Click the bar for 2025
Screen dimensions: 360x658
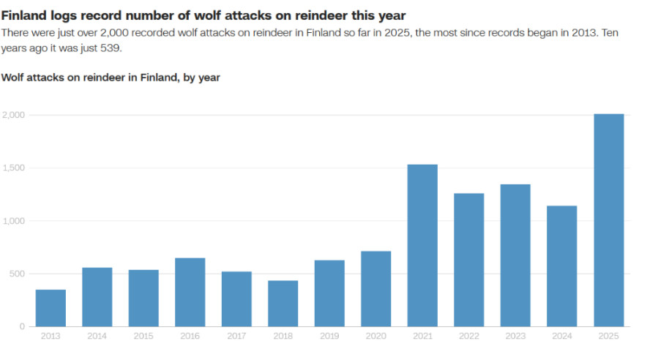tap(608, 220)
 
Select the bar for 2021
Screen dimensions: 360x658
tap(422, 246)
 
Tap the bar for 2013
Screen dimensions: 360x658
tap(51, 308)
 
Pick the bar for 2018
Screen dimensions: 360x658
tap(283, 304)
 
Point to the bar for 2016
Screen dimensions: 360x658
tap(190, 292)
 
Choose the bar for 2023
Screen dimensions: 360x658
tap(515, 255)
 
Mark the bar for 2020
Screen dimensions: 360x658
tap(375, 289)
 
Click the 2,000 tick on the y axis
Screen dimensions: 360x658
tap(14, 115)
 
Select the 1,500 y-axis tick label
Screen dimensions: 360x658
tap(14, 168)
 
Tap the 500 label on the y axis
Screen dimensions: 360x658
tap(17, 274)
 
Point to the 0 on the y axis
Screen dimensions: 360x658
tap(23, 326)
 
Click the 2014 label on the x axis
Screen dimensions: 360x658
tap(97, 336)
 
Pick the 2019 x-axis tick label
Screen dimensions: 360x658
tap(329, 336)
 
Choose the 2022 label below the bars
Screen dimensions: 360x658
tap(468, 336)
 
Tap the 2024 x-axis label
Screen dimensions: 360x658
tap(561, 336)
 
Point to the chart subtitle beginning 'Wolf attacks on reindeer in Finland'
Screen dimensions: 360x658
tap(111, 77)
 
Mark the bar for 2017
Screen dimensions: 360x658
tap(236, 299)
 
